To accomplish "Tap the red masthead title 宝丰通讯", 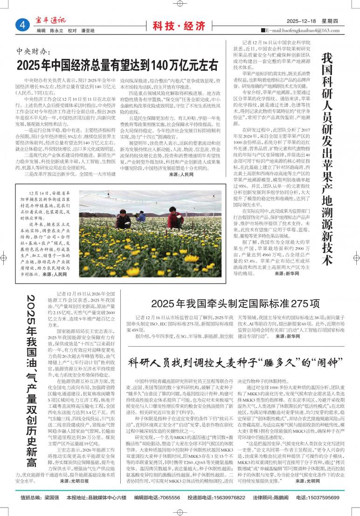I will pos(50,20).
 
